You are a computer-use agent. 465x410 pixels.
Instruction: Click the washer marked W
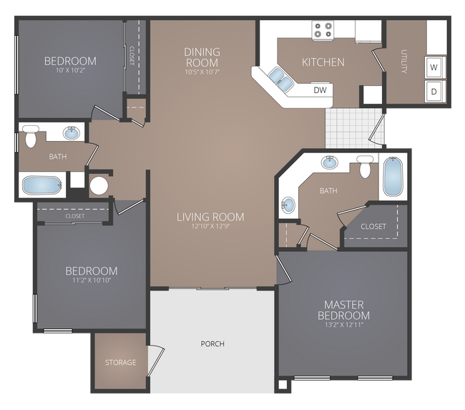click(434, 68)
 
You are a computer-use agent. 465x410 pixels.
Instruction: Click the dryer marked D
click(434, 92)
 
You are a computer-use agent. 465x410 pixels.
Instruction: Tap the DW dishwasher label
click(320, 90)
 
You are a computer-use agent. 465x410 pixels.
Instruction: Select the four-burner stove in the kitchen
click(323, 30)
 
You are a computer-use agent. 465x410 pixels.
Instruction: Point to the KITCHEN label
click(323, 62)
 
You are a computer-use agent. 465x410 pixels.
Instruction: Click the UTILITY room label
click(404, 62)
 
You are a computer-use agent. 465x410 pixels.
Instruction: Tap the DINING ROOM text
click(202, 57)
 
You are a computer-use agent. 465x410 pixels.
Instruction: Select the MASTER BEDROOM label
click(346, 311)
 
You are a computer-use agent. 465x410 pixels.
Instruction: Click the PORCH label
click(212, 344)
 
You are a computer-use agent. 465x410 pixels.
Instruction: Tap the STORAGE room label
click(120, 363)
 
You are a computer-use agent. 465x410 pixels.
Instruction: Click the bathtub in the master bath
click(393, 176)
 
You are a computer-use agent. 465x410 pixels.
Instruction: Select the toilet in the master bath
click(366, 166)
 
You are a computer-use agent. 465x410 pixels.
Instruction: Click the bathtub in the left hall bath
click(43, 185)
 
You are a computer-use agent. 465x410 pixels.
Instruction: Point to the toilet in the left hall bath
click(31, 135)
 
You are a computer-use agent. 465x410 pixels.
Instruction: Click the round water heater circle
click(99, 186)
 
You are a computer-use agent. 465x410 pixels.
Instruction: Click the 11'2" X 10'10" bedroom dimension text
click(91, 280)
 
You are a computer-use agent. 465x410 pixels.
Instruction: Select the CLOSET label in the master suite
click(373, 227)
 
